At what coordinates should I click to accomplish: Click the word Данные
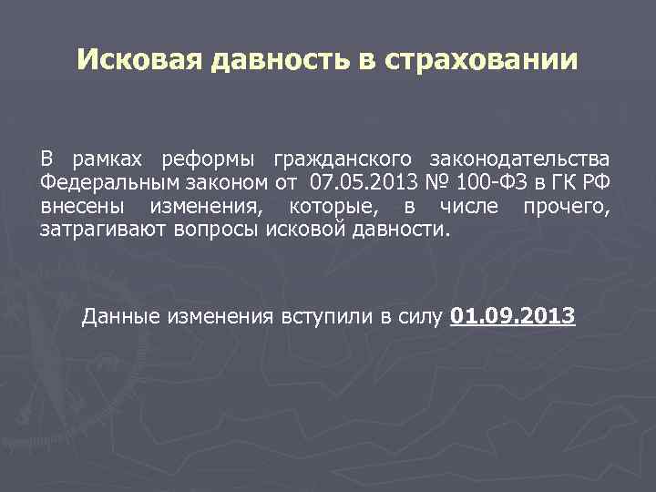pyautogui.click(x=119, y=317)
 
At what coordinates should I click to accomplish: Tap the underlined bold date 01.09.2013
pyautogui.click(x=512, y=317)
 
